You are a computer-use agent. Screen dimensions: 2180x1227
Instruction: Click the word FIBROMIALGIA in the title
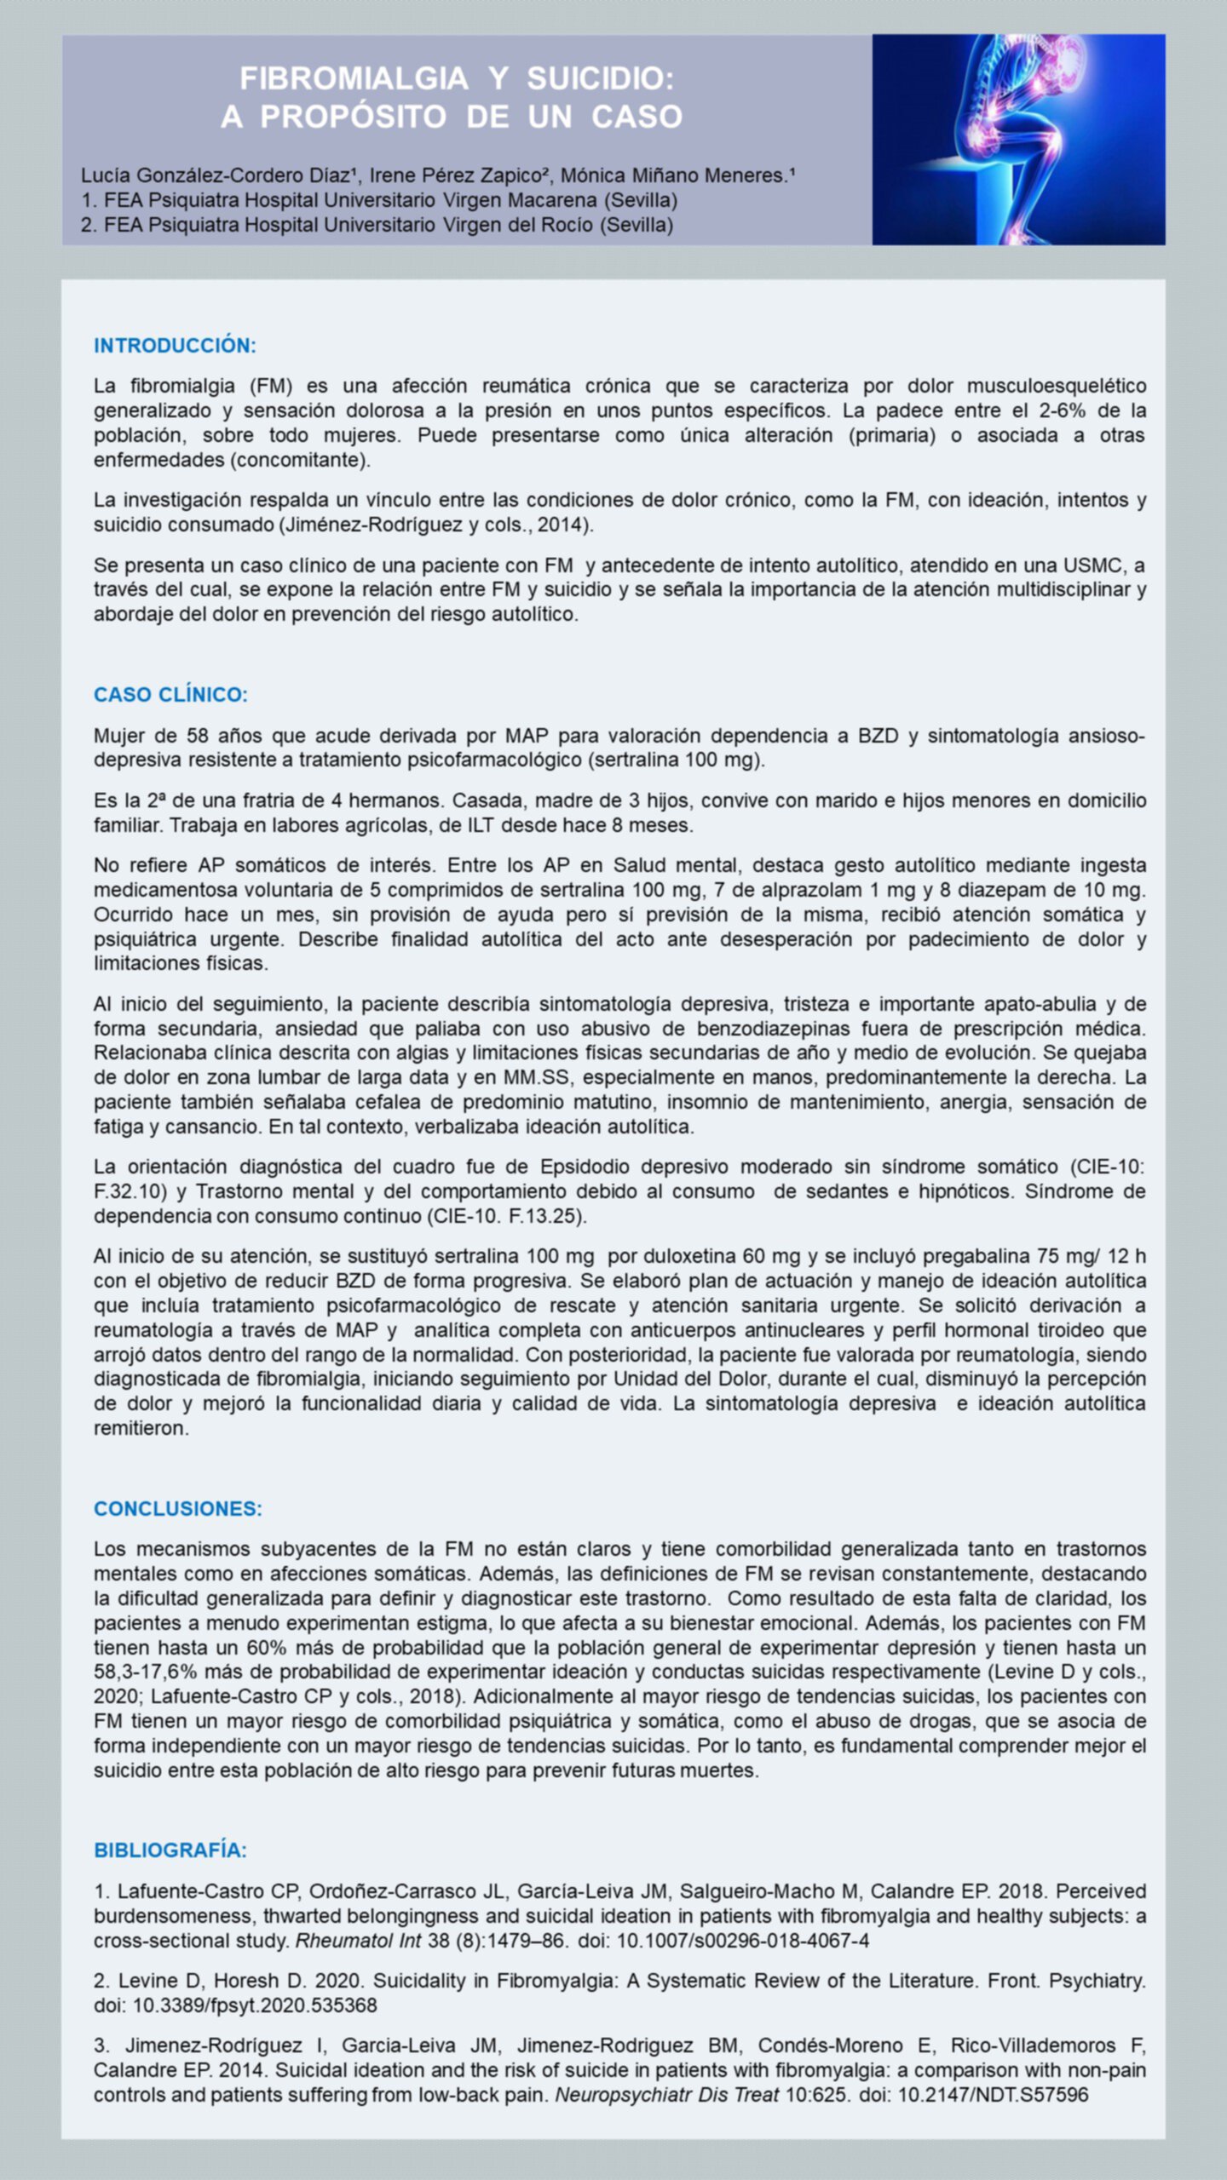click(x=354, y=78)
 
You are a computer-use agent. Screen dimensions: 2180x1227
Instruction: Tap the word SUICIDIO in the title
click(x=600, y=78)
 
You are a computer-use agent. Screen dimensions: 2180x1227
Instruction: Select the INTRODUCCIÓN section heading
click(x=175, y=346)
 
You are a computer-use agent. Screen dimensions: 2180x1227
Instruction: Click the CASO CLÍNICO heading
click(x=170, y=695)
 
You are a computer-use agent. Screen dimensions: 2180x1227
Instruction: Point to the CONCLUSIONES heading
click(x=178, y=1508)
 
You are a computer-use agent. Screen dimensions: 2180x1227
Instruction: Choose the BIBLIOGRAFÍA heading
click(x=170, y=1850)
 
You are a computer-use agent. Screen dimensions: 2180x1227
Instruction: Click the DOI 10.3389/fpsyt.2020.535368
click(x=255, y=2005)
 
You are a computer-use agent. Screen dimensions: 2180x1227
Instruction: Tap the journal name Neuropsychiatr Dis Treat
click(x=666, y=2095)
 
